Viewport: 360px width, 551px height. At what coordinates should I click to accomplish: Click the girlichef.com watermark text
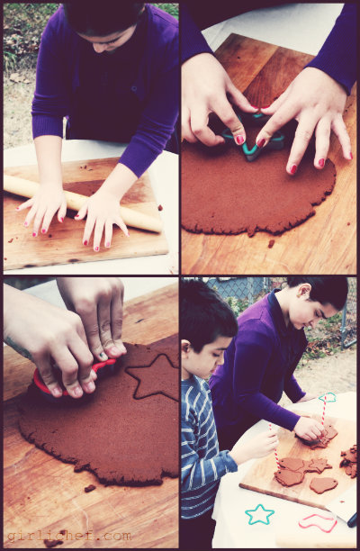[x=68, y=536]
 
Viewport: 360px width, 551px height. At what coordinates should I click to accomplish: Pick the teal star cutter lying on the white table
[x=259, y=514]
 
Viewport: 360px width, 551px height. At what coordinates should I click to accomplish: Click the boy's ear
[x=185, y=348]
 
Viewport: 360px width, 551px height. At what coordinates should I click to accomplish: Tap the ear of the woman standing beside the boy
[x=304, y=291]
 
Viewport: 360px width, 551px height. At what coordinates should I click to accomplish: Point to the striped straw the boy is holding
[x=274, y=447]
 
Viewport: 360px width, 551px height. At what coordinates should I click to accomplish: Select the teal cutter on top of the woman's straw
[x=328, y=397]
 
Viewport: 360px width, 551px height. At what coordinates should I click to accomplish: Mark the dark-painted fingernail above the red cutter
[x=103, y=356]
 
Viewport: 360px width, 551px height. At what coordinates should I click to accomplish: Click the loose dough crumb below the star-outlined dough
[x=90, y=488]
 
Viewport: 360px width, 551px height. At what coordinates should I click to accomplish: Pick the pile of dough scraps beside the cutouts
[x=349, y=460]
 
